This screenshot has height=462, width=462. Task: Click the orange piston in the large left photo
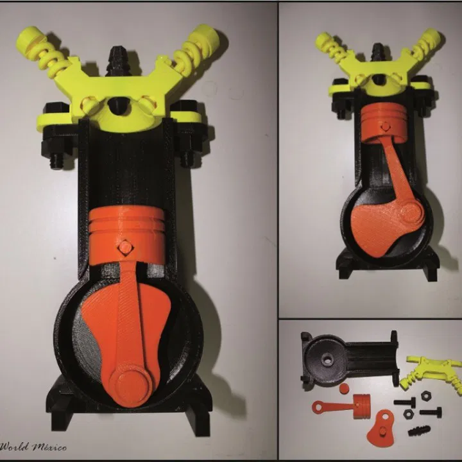click(x=126, y=234)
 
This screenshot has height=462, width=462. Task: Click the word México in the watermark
click(x=49, y=447)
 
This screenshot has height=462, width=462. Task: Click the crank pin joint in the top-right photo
click(x=410, y=210)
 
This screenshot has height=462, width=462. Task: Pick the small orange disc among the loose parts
click(x=344, y=389)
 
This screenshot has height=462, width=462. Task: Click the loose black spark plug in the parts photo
click(x=419, y=431)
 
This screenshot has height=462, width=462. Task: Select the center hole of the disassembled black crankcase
click(x=327, y=361)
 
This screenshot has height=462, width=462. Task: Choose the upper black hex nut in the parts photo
click(x=426, y=395)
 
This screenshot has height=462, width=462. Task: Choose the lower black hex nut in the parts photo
click(x=408, y=414)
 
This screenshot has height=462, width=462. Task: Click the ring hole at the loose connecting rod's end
click(x=318, y=407)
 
